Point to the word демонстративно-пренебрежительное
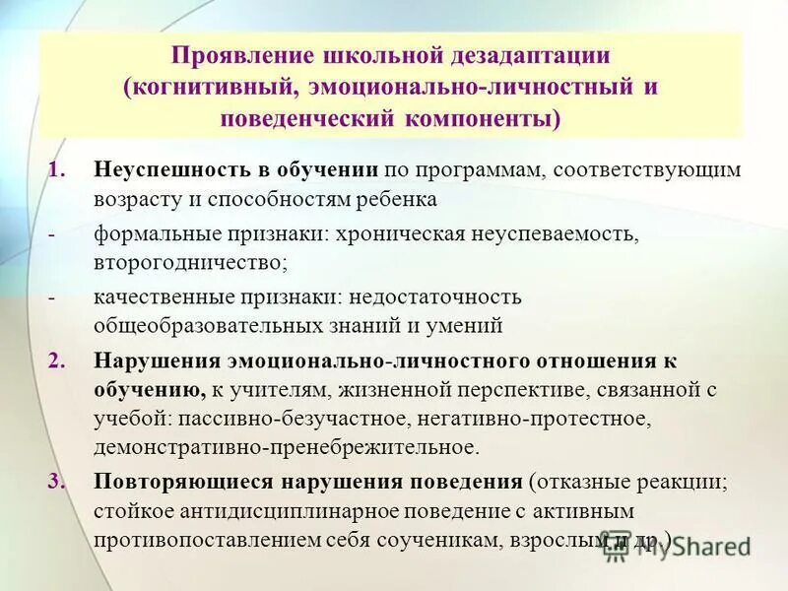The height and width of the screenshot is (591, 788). (286, 448)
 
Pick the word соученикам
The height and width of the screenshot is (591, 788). (447, 540)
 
